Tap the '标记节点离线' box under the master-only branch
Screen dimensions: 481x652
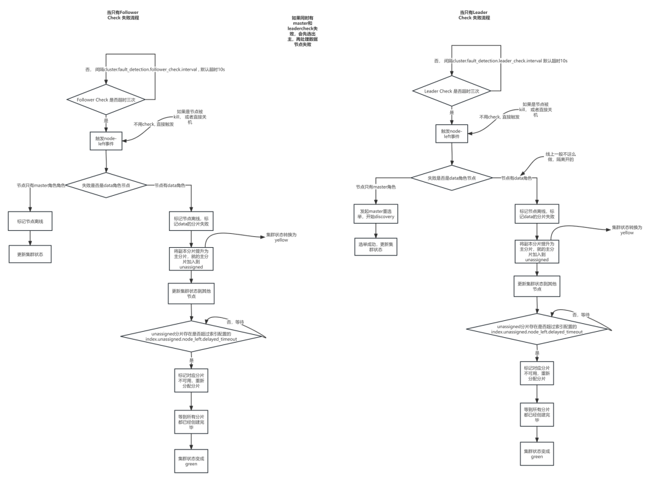click(x=30, y=222)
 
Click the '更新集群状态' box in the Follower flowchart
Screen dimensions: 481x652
click(x=30, y=254)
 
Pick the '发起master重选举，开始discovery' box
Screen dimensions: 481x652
click(x=377, y=214)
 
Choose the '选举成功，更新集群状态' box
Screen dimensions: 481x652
click(x=377, y=247)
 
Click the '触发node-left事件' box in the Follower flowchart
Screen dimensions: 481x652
click(x=106, y=141)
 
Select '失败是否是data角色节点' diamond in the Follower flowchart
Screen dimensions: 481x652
click(x=106, y=185)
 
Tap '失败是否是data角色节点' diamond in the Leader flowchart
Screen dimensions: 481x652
click(x=452, y=178)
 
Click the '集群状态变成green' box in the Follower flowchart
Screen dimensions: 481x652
click(x=191, y=462)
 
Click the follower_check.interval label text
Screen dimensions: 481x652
click(x=155, y=69)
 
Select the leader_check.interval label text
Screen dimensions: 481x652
click(x=500, y=61)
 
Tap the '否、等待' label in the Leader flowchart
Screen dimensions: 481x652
click(x=581, y=314)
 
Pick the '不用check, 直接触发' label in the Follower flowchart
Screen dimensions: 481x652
click(x=153, y=124)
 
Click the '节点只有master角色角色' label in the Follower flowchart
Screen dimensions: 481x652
click(x=41, y=185)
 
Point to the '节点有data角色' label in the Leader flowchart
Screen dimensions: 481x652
click(x=516, y=178)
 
